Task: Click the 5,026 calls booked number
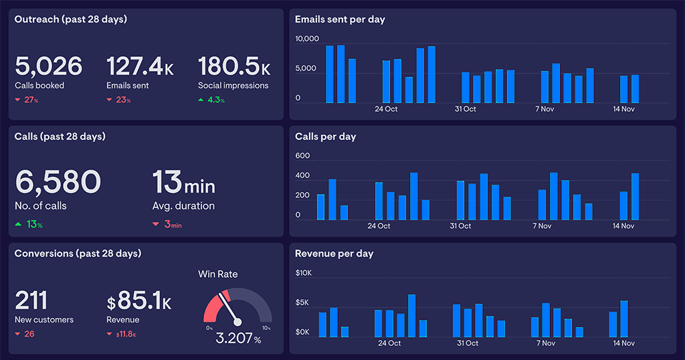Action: coord(48,66)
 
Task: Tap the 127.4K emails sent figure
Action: coord(140,66)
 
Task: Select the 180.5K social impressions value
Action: coord(234,66)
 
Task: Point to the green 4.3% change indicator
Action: coord(211,100)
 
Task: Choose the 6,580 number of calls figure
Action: coord(58,181)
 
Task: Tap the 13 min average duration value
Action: coord(183,181)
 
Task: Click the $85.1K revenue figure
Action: coord(139,302)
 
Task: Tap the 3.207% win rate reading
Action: coord(238,339)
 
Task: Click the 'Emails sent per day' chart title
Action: coord(340,19)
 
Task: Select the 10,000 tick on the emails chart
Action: coord(307,39)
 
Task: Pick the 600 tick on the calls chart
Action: coord(302,156)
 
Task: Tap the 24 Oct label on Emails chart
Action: coord(386,108)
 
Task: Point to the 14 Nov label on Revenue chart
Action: coord(623,343)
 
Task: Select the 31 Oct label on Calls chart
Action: coord(460,226)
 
